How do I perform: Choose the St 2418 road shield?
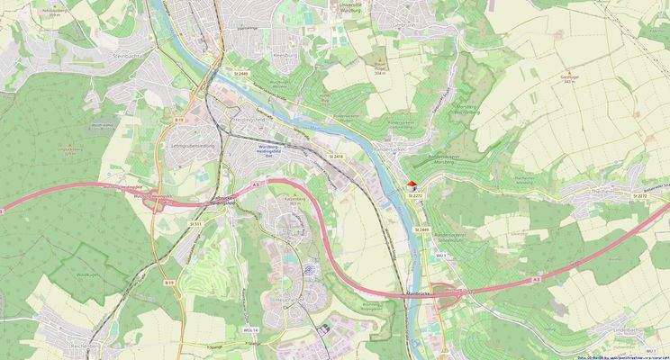337,157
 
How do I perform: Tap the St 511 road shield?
195,222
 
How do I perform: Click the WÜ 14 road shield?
249,330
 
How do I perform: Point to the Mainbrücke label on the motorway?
415,294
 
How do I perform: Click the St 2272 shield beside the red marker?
414,195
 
